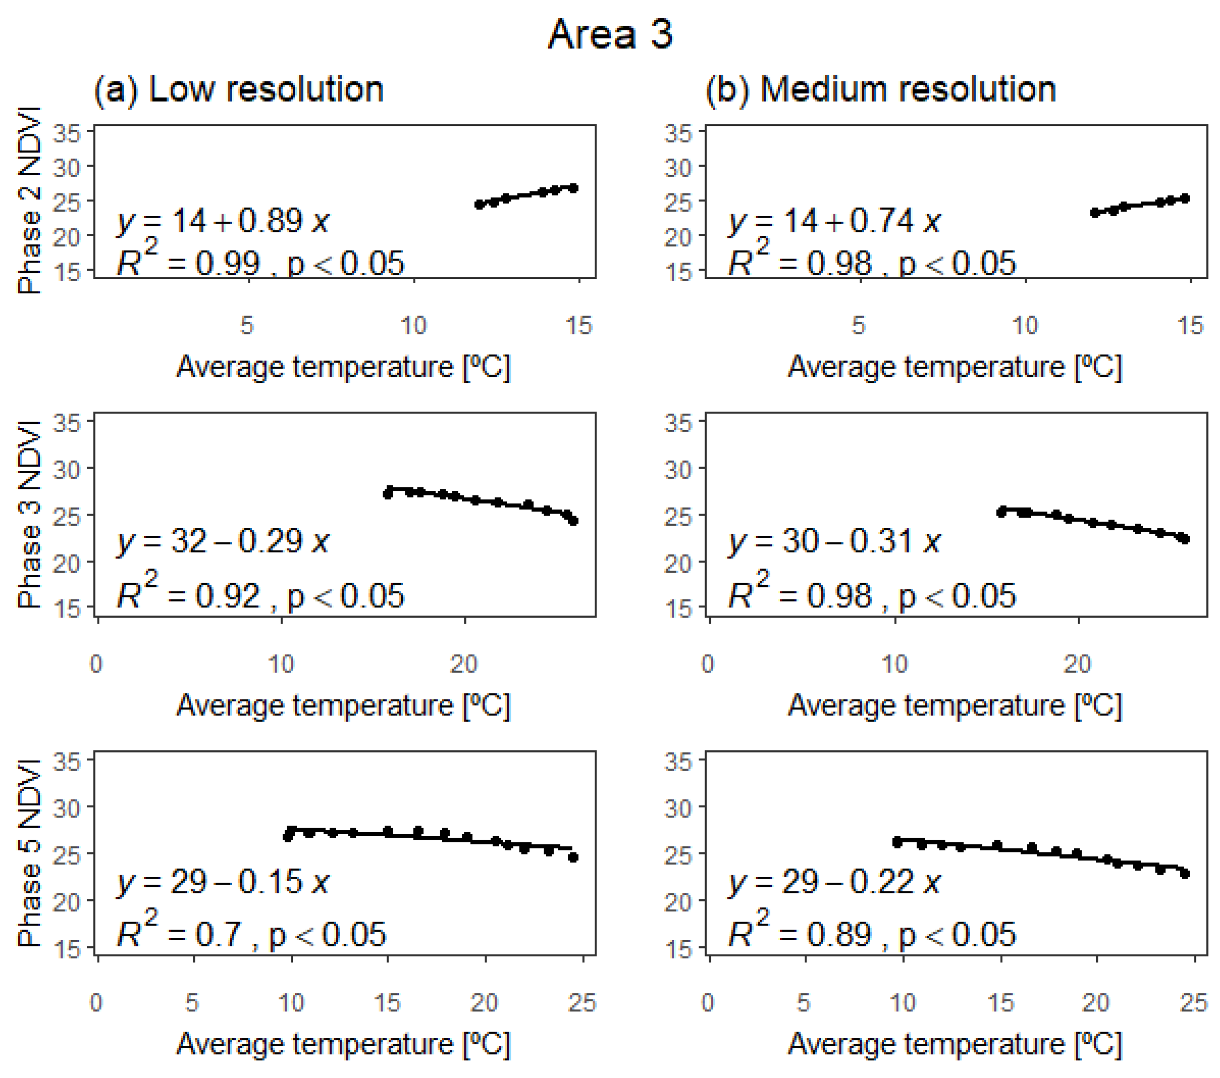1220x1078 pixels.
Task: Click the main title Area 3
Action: pyautogui.click(x=610, y=34)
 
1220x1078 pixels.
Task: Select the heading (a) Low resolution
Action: pyautogui.click(x=238, y=90)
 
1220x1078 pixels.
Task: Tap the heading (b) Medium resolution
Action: pyautogui.click(x=881, y=90)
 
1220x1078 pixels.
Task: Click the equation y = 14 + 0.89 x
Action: pyautogui.click(x=222, y=221)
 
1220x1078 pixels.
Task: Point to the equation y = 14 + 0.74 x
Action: pyautogui.click(x=834, y=221)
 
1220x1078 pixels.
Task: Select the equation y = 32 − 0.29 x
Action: pyautogui.click(x=222, y=541)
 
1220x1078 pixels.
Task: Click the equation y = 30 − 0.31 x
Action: pyautogui.click(x=834, y=541)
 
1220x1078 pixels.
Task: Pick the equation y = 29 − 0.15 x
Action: pyautogui.click(x=222, y=881)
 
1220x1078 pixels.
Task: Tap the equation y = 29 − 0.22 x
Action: pyautogui.click(x=834, y=881)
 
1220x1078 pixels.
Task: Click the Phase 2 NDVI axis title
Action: pyautogui.click(x=29, y=201)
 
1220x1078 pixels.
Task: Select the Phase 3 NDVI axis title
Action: pyautogui.click(x=29, y=514)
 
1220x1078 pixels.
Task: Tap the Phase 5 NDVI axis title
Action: pyautogui.click(x=29, y=853)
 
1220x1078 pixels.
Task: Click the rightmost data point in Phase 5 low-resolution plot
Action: pyautogui.click(x=573, y=857)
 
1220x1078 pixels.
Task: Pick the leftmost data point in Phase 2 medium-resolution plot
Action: pyautogui.click(x=1095, y=213)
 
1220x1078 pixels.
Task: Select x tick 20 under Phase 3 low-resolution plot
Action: pyautogui.click(x=464, y=664)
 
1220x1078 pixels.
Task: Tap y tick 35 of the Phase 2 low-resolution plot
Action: pyautogui.click(x=66, y=133)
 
